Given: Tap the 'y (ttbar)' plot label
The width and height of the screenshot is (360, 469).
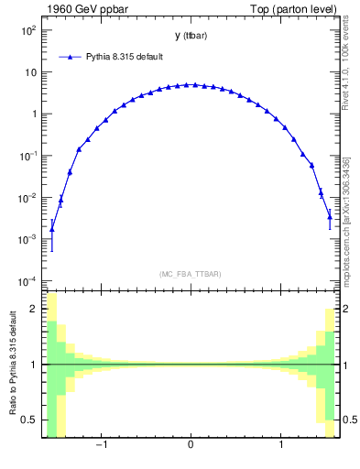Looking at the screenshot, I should [x=190, y=36].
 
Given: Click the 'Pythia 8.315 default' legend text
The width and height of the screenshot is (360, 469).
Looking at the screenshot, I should [x=126, y=57].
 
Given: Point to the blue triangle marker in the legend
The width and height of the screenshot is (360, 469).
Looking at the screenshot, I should [x=72, y=57].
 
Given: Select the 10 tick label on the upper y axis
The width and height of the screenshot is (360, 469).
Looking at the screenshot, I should [x=30, y=72].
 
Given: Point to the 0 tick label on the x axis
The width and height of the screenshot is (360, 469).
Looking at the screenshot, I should [x=190, y=448].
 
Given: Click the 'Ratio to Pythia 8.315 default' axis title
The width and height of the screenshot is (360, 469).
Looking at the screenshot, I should [x=13, y=365].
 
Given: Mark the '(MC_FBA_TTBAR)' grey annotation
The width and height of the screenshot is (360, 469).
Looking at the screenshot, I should [x=190, y=274].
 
